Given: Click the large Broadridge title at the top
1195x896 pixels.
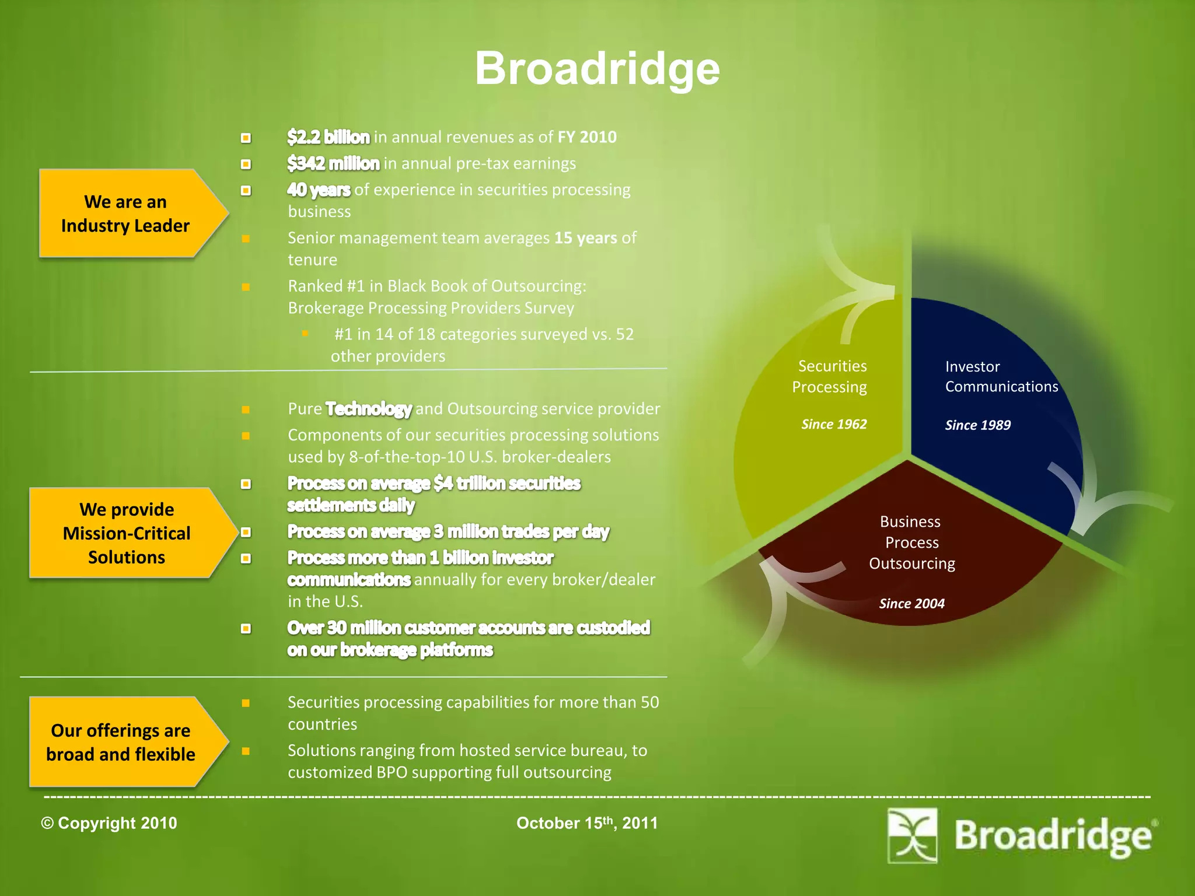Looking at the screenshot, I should [597, 69].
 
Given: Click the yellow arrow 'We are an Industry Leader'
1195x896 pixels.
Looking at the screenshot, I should [126, 213].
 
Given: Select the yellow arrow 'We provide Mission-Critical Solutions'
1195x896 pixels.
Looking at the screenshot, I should [127, 533].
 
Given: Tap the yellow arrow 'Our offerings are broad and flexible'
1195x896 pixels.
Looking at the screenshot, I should [121, 742].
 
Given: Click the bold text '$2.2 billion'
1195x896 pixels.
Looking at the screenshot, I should [329, 137].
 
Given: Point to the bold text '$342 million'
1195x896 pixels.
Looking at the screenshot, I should [333, 163].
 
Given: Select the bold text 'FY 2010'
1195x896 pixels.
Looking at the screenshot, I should [587, 137].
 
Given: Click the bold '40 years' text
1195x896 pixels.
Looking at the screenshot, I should [319, 190].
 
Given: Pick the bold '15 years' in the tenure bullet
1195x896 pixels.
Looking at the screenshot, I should [585, 238].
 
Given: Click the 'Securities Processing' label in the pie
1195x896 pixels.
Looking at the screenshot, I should [830, 376].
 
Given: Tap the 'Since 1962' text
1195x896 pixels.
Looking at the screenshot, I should [834, 424].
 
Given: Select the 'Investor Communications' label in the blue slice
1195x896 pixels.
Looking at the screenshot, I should [1001, 376].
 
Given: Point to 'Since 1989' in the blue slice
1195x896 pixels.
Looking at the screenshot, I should [978, 425].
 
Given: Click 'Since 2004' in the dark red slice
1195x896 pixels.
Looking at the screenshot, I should [911, 604].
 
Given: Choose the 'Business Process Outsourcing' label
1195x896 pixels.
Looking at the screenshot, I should [911, 542].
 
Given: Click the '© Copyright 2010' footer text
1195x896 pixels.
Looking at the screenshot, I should [109, 823].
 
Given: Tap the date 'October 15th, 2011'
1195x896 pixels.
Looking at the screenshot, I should [587, 823].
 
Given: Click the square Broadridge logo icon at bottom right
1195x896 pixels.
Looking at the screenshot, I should [912, 835].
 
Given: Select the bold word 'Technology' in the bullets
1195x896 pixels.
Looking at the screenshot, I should [369, 409].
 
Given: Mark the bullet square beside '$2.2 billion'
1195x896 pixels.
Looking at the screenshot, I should [246, 138].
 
